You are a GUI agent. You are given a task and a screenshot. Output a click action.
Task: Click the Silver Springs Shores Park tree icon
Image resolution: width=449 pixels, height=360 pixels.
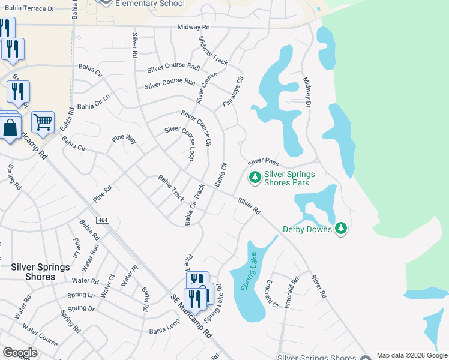pyautogui.click(x=255, y=176)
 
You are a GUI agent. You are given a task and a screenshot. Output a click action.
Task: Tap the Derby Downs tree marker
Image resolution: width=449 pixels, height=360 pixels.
pyautogui.click(x=342, y=228)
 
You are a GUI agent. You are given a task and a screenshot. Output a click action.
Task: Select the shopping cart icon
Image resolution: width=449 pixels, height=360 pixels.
pyautogui.click(x=43, y=122)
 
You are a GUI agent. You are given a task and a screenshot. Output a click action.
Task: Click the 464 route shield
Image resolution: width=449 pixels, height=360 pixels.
pyautogui.click(x=103, y=220)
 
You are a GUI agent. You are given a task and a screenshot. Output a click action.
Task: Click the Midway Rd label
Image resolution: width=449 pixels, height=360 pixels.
pyautogui.click(x=194, y=27)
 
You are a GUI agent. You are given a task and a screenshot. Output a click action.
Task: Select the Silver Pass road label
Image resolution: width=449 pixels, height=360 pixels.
pyautogui.click(x=264, y=162)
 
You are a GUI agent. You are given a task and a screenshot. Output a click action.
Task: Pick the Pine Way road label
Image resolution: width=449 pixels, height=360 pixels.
pyautogui.click(x=124, y=139)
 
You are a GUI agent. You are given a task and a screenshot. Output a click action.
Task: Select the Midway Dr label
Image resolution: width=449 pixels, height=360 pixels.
pyautogui.click(x=307, y=92)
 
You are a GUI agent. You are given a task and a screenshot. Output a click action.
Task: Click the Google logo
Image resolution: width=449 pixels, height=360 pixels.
pyautogui.click(x=20, y=353)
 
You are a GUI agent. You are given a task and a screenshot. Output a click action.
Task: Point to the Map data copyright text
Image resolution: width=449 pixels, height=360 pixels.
pyautogui.click(x=412, y=355)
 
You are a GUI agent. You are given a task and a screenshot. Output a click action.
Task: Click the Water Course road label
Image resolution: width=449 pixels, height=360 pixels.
pyautogui.click(x=40, y=335)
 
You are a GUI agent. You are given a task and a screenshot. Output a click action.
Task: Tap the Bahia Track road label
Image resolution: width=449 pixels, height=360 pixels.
pyautogui.click(x=171, y=188)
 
